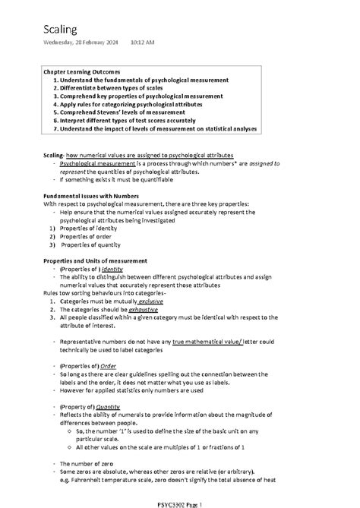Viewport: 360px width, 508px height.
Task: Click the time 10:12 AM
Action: pyautogui.click(x=143, y=43)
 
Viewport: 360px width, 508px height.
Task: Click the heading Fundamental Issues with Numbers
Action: pyautogui.click(x=90, y=196)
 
